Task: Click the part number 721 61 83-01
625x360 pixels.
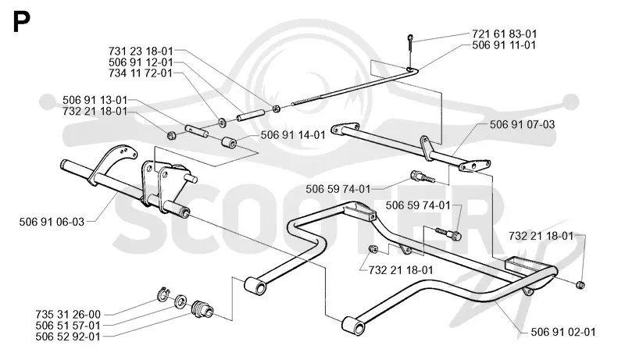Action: (x=504, y=34)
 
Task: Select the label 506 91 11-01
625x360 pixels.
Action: (x=504, y=45)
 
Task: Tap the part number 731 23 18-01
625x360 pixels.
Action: (x=141, y=52)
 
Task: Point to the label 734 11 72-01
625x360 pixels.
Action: (x=141, y=73)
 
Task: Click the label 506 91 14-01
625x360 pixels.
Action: (x=293, y=135)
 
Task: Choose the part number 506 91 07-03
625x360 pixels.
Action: (x=522, y=125)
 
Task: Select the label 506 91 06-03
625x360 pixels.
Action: (x=52, y=222)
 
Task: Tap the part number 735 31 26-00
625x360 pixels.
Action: (x=68, y=315)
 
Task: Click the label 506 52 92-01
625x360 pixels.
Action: (x=68, y=337)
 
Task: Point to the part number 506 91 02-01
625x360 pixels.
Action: (x=563, y=332)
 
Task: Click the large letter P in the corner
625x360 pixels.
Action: (x=22, y=23)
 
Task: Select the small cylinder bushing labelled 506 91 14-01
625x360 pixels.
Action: (x=229, y=142)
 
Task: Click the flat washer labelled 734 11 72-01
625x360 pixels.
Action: (x=221, y=121)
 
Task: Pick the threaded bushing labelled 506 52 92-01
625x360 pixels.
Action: (x=202, y=308)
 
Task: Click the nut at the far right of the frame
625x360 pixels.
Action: (x=580, y=285)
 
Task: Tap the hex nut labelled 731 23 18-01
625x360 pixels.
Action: (x=276, y=108)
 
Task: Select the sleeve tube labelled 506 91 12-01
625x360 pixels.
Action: (x=250, y=115)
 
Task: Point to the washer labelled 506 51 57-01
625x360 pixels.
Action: (x=180, y=301)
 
